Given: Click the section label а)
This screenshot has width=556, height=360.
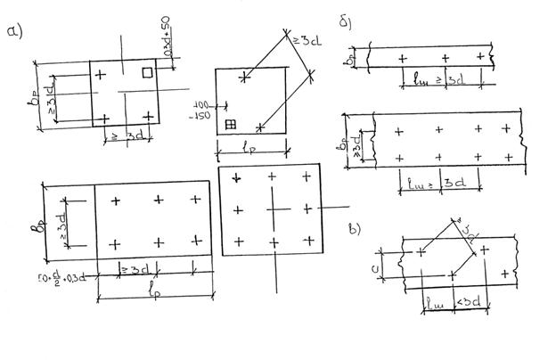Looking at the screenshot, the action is pos(13,33).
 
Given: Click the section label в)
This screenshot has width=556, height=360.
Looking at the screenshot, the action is pos(355,229).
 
